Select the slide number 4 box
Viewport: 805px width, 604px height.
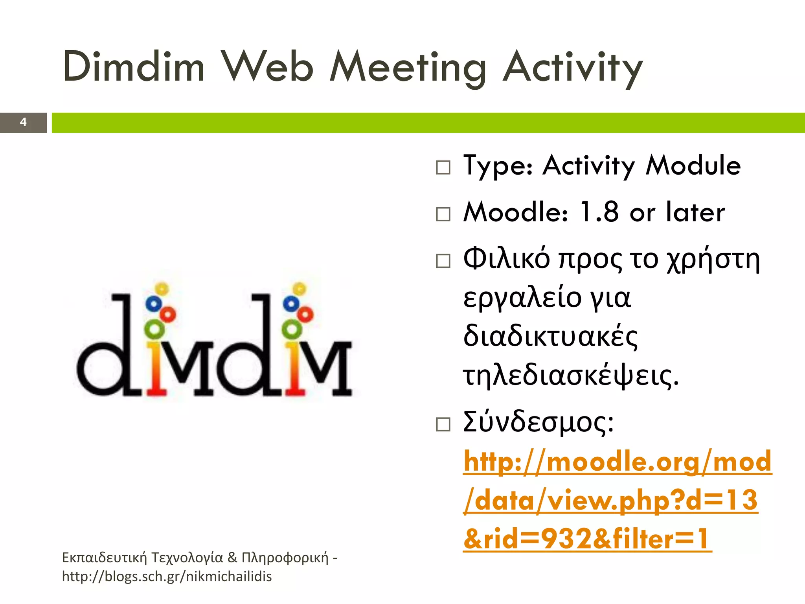coord(23,122)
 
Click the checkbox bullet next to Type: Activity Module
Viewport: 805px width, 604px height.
coord(443,168)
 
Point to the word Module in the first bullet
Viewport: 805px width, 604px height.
coord(693,165)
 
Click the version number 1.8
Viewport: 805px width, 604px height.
coord(599,212)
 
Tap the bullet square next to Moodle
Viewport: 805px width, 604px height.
coord(443,214)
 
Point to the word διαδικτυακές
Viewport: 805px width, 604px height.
coord(550,337)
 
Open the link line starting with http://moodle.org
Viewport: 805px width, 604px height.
coord(617,462)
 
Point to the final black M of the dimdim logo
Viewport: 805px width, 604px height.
coord(329,368)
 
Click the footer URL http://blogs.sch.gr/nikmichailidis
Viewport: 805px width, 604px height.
coord(167,576)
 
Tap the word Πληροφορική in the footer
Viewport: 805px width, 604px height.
coord(285,558)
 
